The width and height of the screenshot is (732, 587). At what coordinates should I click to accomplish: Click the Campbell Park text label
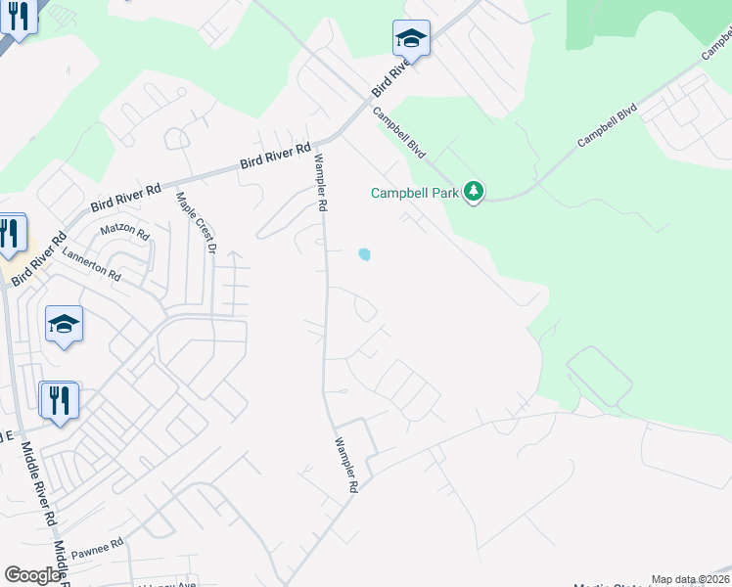click(414, 193)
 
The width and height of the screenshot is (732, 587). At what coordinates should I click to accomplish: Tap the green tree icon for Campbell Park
click(474, 191)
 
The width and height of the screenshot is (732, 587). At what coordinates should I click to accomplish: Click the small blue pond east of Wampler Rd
click(365, 254)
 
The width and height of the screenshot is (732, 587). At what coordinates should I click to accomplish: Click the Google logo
click(32, 575)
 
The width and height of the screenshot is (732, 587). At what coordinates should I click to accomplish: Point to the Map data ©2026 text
click(691, 579)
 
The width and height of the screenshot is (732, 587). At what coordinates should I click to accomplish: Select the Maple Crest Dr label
click(195, 222)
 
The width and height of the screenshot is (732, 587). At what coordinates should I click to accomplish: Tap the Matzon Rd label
click(124, 235)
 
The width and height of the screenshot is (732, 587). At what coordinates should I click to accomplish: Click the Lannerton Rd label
click(91, 263)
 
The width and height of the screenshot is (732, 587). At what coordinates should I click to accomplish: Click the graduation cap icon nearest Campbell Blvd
click(411, 39)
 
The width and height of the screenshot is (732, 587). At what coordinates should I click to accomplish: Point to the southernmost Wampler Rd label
click(349, 463)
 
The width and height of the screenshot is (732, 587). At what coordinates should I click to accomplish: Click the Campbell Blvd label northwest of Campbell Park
click(401, 130)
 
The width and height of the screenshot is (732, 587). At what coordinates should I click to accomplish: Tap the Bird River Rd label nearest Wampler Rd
click(276, 157)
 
